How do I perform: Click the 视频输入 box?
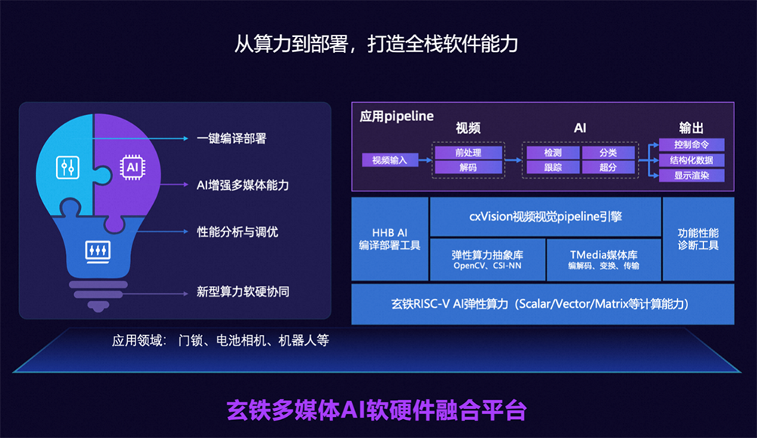coord(390,160)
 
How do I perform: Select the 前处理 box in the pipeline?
coord(469,153)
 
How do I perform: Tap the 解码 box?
coord(469,167)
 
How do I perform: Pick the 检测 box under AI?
coord(553,153)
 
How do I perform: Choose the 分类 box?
coord(609,153)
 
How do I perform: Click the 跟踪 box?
coord(553,167)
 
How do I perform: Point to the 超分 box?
coord(609,167)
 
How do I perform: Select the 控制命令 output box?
coord(692,144)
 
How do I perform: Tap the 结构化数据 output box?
coord(692,160)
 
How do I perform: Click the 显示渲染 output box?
coord(692,176)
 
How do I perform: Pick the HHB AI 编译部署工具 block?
coord(390,239)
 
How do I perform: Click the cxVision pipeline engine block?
coord(545,216)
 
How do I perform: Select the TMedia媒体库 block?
coord(603,259)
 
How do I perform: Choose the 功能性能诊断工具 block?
coord(699,239)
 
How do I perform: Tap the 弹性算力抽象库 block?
coord(488,259)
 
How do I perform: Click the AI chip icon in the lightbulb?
coord(132,167)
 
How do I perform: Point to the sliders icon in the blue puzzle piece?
coord(67,167)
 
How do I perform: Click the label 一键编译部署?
coord(232,139)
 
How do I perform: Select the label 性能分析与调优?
coord(238,232)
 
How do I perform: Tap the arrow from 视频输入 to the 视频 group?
coord(425,160)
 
